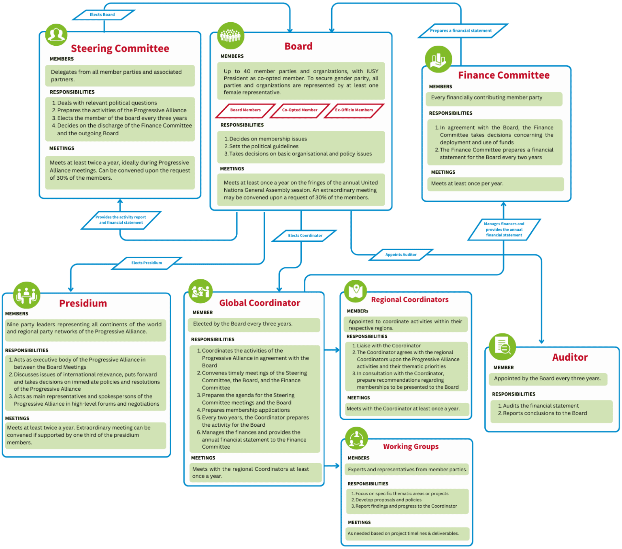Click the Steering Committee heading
point(120,49)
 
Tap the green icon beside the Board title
point(231,36)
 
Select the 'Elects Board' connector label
point(102,15)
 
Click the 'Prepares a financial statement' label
point(461,31)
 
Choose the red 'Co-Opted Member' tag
point(300,110)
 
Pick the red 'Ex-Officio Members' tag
point(354,110)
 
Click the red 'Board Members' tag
point(245,110)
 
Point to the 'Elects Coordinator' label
point(305,236)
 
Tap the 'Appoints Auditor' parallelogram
point(401,255)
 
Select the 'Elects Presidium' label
point(147,263)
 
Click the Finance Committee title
point(504,75)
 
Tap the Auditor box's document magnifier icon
point(503,347)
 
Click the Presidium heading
point(83,304)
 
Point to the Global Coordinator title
point(260,303)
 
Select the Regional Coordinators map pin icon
point(356,291)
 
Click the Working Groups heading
point(411,447)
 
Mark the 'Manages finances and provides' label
point(504,230)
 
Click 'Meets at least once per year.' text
point(467,184)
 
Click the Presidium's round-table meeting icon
point(27,295)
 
